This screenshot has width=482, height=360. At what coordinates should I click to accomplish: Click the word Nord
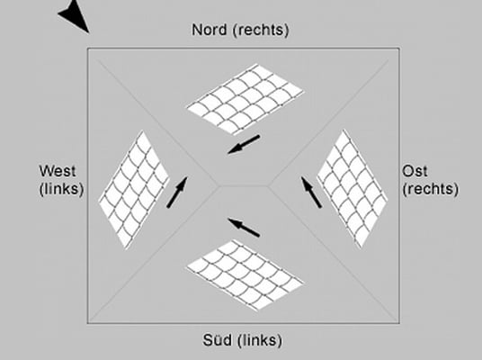point(210,30)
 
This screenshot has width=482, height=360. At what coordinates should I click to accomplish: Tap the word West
point(58,171)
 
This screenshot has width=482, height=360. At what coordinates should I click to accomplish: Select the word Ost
point(415,171)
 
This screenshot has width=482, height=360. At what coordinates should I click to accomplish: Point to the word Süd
point(218,340)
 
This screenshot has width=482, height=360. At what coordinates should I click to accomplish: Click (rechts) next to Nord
point(261,31)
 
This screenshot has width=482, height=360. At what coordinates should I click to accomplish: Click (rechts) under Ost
point(431,189)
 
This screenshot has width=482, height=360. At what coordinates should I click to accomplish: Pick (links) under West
point(61,189)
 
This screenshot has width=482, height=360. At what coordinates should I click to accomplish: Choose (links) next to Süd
point(260,340)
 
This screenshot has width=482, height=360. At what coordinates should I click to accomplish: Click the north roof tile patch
point(245,99)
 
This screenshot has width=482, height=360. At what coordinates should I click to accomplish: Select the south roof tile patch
point(245,274)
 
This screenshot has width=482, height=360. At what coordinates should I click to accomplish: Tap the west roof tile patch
point(134,190)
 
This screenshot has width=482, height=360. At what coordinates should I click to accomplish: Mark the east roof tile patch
point(353,189)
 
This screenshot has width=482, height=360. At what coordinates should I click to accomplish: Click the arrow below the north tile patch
point(244,144)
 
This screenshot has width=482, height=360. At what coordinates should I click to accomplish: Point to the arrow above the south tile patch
point(244,228)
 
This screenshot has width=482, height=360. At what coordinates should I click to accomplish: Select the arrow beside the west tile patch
point(177,193)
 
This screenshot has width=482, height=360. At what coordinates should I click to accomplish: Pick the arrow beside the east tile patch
point(311,193)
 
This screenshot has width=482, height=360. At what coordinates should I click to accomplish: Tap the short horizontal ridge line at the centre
point(244,185)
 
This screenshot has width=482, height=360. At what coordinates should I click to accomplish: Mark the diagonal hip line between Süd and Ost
point(333,253)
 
